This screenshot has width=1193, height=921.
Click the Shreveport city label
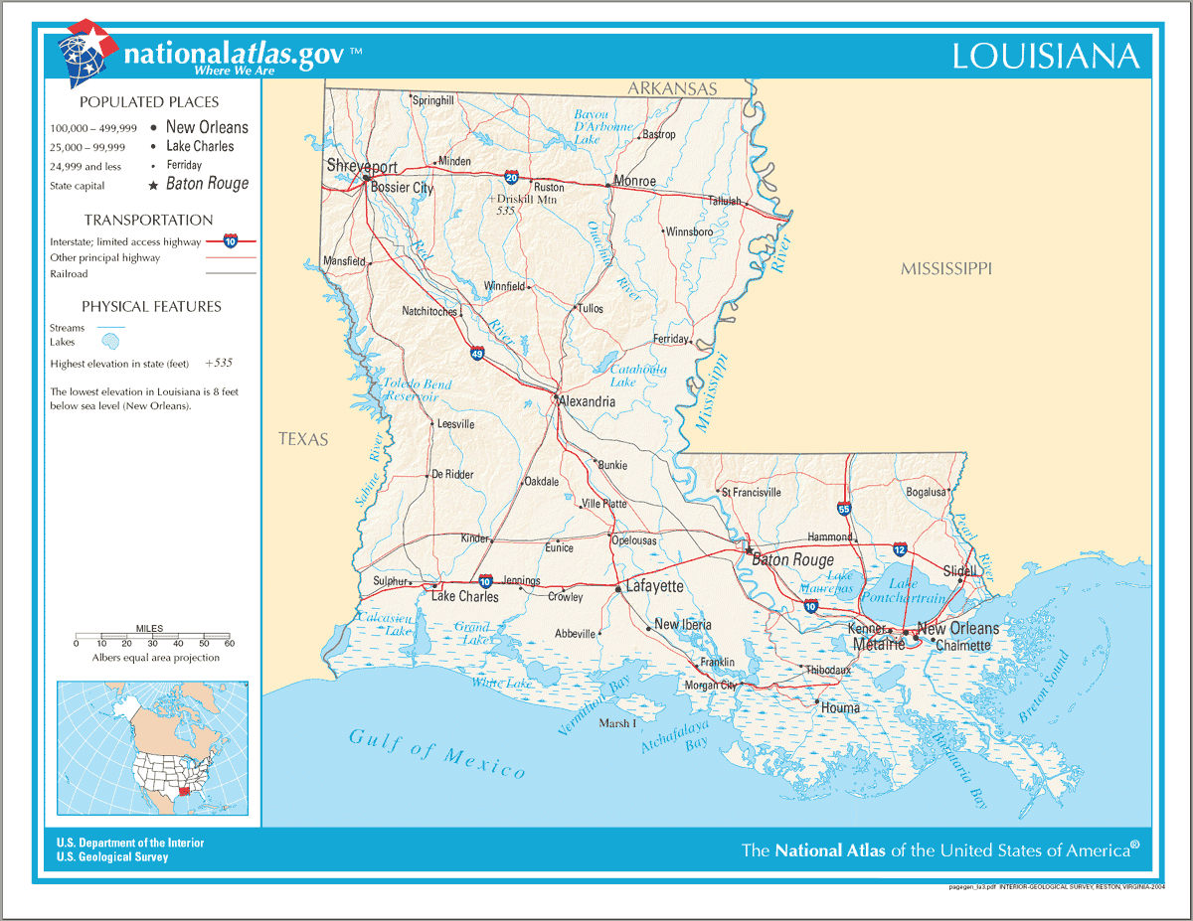click(x=362, y=166)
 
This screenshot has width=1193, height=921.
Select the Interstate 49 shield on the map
click(x=478, y=353)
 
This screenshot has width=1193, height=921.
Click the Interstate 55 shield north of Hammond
click(x=844, y=509)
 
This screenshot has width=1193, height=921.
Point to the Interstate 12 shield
click(x=899, y=548)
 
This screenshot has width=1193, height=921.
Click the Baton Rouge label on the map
click(x=792, y=560)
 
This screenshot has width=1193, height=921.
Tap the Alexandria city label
click(x=587, y=402)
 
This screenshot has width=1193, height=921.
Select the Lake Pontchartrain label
click(x=918, y=591)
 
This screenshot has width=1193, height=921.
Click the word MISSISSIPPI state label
click(x=945, y=269)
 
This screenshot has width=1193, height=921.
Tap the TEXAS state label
click(x=302, y=439)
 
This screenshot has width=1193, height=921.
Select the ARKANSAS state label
click(x=671, y=89)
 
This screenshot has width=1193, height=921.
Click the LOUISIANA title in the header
click(x=1045, y=57)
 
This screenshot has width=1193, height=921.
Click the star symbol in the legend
click(x=153, y=185)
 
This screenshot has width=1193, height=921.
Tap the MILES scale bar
click(x=152, y=635)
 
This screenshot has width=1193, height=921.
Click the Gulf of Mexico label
click(x=436, y=752)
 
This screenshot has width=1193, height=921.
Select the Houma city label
click(x=840, y=708)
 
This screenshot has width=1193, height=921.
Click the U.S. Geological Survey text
click(x=112, y=857)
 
